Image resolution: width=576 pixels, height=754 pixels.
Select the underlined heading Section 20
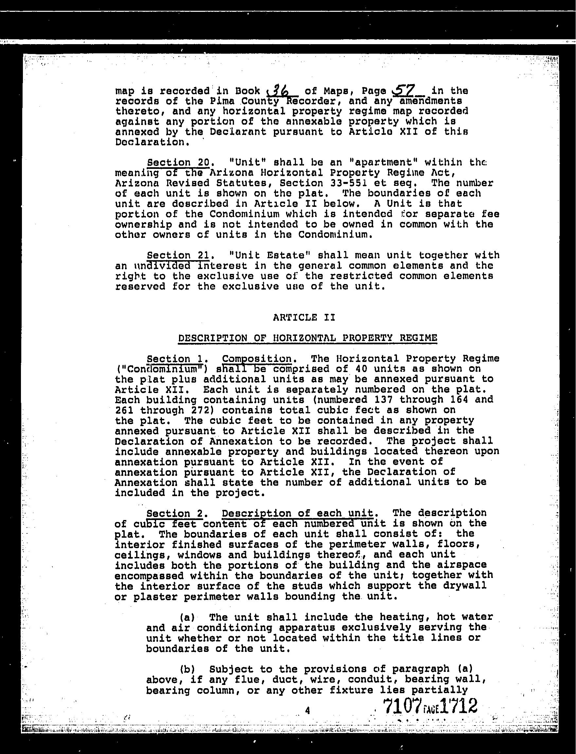[178, 162]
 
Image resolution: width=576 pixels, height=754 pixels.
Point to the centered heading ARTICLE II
[304, 317]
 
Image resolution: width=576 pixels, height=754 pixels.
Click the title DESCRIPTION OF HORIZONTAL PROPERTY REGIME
[308, 338]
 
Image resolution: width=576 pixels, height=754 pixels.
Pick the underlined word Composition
[257, 359]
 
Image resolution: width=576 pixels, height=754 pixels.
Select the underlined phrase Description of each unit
[297, 513]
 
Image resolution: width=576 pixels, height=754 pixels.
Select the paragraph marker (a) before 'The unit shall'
[188, 617]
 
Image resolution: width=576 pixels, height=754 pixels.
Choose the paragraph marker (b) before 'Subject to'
[188, 669]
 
